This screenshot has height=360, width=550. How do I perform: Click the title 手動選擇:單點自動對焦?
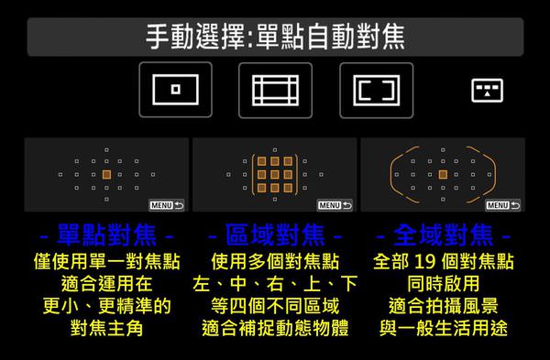(x=275, y=37)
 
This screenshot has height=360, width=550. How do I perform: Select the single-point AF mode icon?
(x=175, y=90)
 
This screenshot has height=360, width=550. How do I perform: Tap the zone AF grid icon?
(x=275, y=90)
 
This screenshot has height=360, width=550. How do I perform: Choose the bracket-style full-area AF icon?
(x=377, y=90)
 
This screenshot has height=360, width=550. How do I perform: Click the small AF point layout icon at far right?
(x=487, y=91)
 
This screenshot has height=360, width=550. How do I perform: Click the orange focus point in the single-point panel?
(x=106, y=174)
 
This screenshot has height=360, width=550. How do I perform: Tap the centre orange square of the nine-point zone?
(x=275, y=174)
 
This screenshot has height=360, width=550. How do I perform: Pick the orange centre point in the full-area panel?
(x=443, y=174)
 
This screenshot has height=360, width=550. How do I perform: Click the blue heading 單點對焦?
(x=106, y=235)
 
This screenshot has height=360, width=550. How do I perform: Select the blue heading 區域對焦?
(x=275, y=235)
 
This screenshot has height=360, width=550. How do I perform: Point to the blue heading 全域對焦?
(x=444, y=235)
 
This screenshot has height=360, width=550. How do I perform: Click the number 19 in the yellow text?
(x=424, y=261)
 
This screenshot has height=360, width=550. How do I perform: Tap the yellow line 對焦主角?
(x=106, y=328)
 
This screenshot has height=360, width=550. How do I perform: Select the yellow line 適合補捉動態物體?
(x=275, y=328)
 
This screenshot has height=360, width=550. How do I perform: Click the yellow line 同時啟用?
(x=444, y=283)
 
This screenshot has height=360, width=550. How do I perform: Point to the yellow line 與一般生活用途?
(x=444, y=328)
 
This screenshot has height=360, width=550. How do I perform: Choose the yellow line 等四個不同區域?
(x=275, y=306)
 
